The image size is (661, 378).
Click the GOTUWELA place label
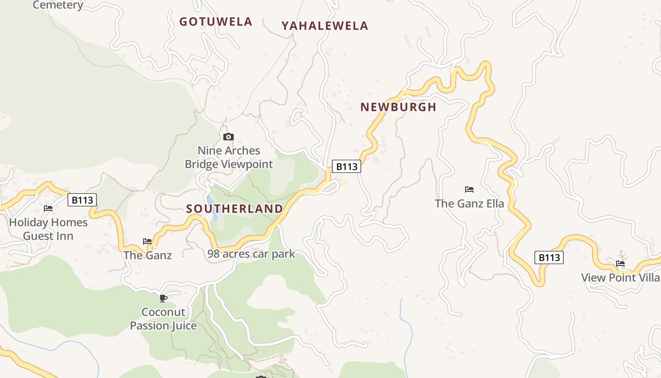coord(216,22)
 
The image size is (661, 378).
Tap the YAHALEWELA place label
coord(325,26)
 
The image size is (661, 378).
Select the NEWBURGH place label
coord(398,107)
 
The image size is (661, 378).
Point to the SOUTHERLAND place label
coord(235,209)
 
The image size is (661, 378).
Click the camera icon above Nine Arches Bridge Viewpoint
coord(229,137)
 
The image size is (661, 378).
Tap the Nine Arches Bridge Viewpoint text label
coord(229,157)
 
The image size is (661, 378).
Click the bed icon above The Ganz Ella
coord(469,189)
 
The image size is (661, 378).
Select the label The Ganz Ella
coord(469,204)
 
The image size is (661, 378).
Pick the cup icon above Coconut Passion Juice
coord(163,298)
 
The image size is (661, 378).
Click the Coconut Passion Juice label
coord(163,319)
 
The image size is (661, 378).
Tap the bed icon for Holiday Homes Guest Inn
coord(48,208)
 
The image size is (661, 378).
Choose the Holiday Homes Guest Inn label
coord(48,229)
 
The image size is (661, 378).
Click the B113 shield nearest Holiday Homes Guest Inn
coord(82,200)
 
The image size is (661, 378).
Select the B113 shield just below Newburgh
coord(347,166)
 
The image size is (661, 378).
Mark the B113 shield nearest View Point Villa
coord(549,258)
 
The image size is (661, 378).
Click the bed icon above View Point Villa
coord(620,264)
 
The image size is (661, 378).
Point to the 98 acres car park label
coord(251,254)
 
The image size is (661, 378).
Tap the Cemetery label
coord(58,5)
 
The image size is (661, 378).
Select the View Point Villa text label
coord(620,277)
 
